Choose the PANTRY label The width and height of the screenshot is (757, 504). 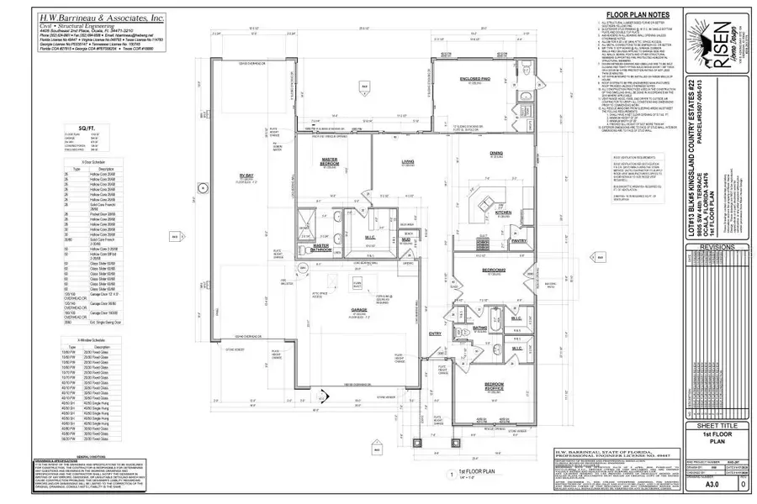(519, 241)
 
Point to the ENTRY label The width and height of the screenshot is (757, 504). (435, 333)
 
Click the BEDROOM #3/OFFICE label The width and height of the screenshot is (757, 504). (493, 387)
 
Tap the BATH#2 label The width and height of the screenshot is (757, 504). (480, 328)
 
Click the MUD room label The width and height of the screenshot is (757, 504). (405, 239)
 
